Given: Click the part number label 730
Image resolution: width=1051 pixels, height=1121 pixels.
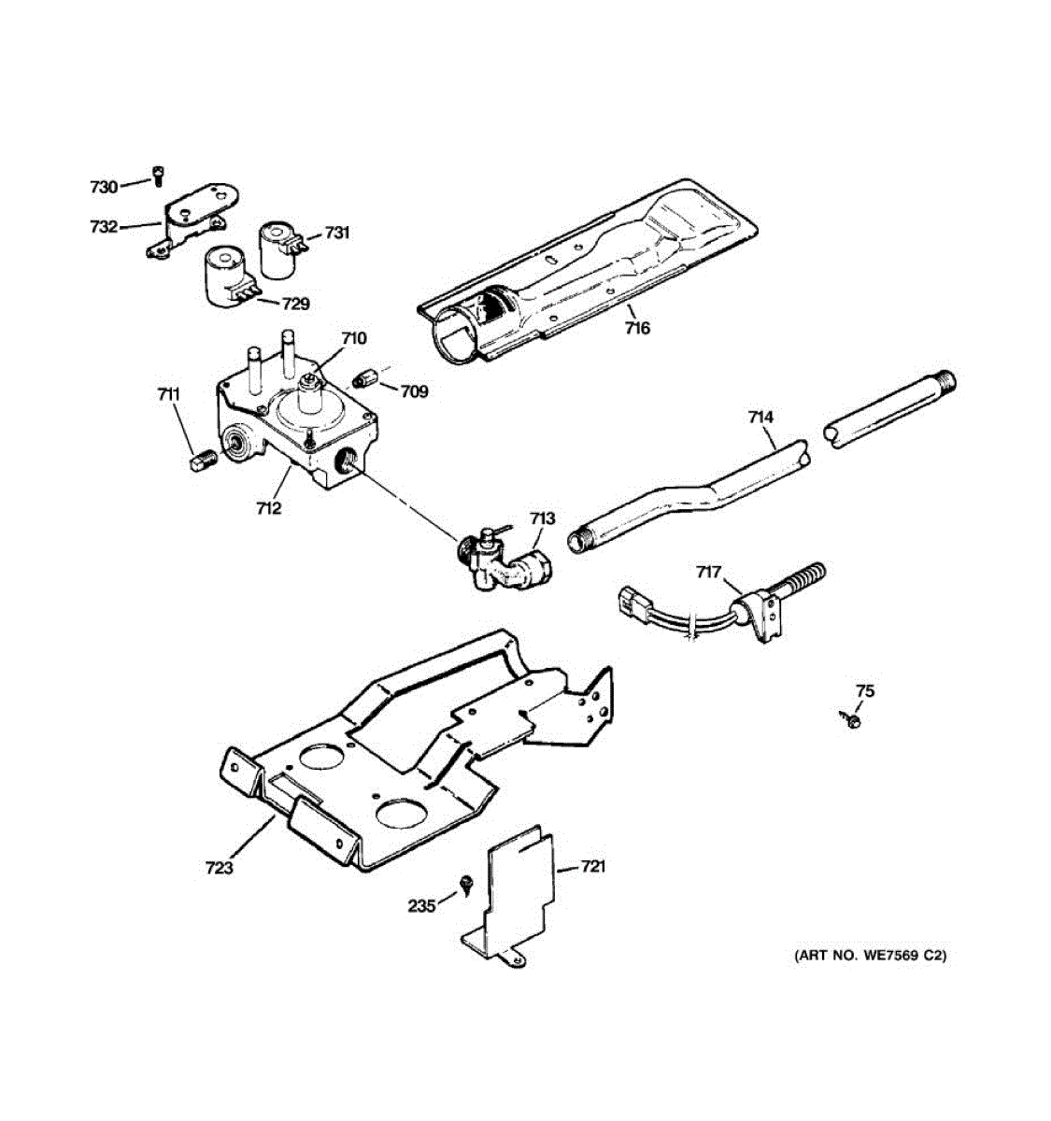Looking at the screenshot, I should [x=104, y=187].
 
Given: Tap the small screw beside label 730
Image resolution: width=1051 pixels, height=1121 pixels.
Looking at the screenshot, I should [x=158, y=174].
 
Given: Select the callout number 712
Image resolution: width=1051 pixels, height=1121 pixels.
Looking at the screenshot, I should [x=269, y=508].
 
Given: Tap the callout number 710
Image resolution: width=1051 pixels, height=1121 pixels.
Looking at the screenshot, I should [x=353, y=338].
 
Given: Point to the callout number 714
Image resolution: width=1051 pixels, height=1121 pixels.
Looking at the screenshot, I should [x=760, y=418].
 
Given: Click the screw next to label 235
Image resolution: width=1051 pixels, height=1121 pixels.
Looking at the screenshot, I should [x=464, y=883].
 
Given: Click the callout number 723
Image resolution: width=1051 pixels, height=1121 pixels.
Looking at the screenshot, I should [x=220, y=868].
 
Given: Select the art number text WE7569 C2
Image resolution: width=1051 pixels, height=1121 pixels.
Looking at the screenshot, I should [x=870, y=956].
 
